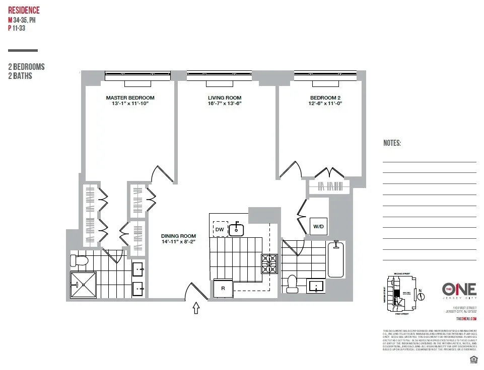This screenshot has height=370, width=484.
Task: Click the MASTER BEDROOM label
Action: (x=130, y=98)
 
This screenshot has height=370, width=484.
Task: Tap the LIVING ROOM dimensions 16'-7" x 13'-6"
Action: (x=225, y=104)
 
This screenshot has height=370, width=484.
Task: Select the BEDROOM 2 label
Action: (x=325, y=98)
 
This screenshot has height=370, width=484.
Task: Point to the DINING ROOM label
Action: (x=178, y=236)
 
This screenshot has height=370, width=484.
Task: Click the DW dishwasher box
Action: (x=220, y=229)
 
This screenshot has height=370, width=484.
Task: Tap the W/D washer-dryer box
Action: (x=319, y=227)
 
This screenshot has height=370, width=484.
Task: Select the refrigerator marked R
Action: (x=223, y=289)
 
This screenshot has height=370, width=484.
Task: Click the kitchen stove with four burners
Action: (x=269, y=264)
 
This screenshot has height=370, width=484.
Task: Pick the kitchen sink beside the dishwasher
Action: (x=237, y=229)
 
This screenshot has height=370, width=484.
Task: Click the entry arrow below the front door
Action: (x=196, y=308)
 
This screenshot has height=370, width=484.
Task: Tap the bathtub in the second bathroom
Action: (x=336, y=259)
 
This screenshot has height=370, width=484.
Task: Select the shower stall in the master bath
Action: (x=83, y=285)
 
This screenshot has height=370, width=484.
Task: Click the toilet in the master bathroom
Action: (x=79, y=260)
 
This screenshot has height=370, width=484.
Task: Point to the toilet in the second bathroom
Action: (x=293, y=284)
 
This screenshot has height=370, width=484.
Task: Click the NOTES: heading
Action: (x=392, y=143)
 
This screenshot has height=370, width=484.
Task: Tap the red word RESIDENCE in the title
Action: (x=24, y=11)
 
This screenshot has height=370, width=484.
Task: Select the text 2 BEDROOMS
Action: (x=26, y=67)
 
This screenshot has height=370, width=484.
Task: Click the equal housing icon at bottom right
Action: (x=473, y=359)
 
